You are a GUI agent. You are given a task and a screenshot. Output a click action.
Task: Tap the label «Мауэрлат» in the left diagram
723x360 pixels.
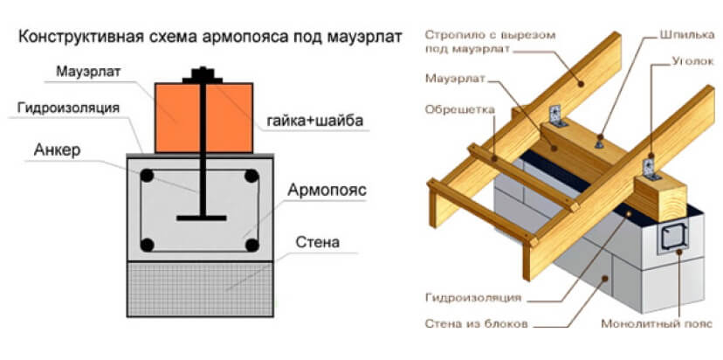[80, 71]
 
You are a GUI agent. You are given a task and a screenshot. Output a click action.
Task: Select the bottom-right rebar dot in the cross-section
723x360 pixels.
[251, 244]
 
